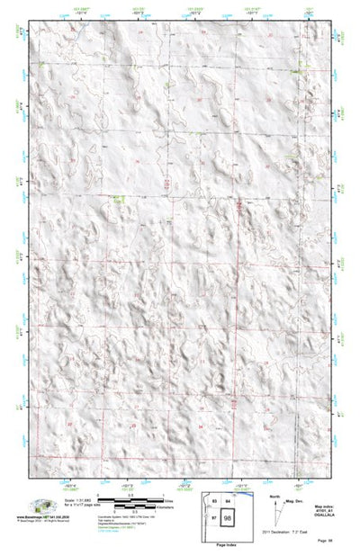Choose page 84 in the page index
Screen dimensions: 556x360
coord(229,503)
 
